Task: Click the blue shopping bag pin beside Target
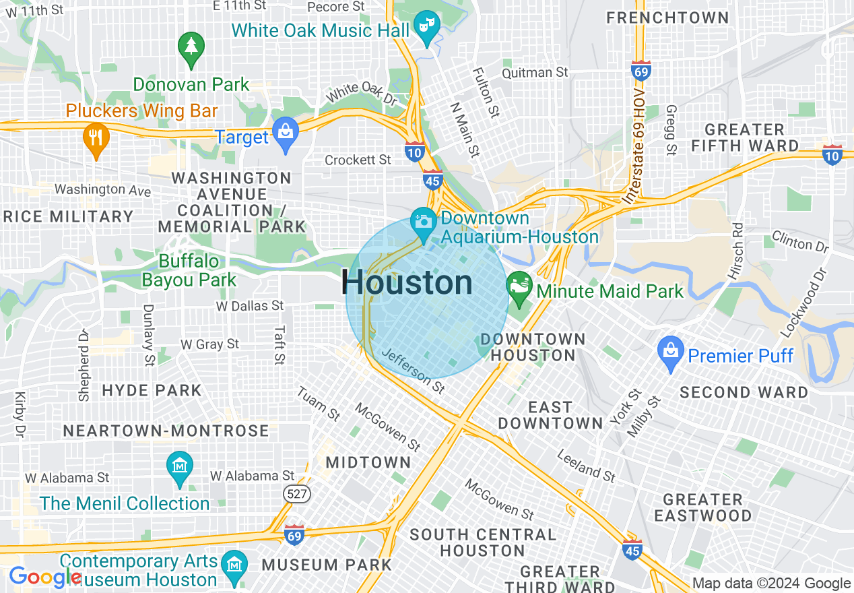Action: (x=286, y=132)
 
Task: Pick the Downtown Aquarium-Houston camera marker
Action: (x=423, y=223)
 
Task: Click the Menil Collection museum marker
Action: (x=180, y=467)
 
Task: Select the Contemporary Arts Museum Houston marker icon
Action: (x=235, y=564)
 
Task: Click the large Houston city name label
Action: (x=407, y=282)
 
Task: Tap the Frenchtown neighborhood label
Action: (x=667, y=18)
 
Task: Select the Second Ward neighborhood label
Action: (x=744, y=392)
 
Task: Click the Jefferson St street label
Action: (x=413, y=371)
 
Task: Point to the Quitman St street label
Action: (x=536, y=72)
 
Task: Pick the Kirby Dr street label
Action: (x=19, y=413)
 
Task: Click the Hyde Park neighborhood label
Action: (x=152, y=390)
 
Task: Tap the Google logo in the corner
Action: (x=44, y=577)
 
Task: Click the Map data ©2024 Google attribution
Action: (x=771, y=584)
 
